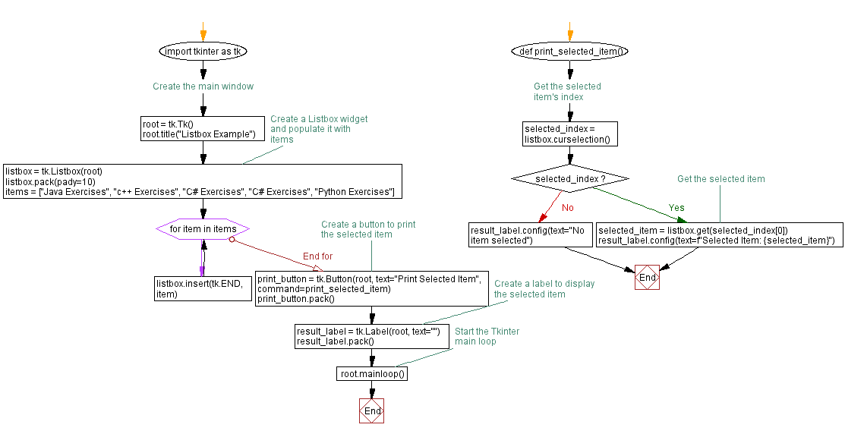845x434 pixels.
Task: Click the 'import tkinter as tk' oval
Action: (x=203, y=52)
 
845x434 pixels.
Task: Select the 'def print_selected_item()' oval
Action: (x=569, y=52)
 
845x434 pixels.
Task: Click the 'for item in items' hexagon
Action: (x=203, y=228)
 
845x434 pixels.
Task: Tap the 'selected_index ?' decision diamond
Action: (x=570, y=178)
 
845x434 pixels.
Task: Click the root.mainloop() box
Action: (x=372, y=373)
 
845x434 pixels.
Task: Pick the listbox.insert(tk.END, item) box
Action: (x=203, y=288)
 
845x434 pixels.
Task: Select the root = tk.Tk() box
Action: (x=203, y=129)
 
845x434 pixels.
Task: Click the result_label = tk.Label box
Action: (x=372, y=336)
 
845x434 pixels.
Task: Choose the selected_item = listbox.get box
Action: (x=719, y=235)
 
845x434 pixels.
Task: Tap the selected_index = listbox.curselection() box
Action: (x=570, y=134)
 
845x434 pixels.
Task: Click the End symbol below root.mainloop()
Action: (x=372, y=410)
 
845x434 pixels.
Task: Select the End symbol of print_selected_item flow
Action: (x=647, y=278)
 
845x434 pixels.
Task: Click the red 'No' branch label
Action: (x=567, y=207)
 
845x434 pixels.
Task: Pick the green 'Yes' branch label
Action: (x=676, y=207)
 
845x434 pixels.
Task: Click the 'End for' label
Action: (x=317, y=256)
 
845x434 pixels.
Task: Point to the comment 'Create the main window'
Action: (x=203, y=86)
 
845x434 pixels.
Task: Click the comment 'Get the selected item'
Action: (x=720, y=179)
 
